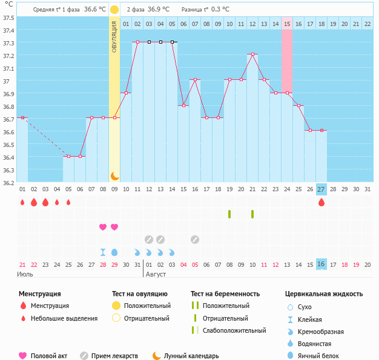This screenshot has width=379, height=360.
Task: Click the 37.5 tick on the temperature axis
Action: tap(8, 18)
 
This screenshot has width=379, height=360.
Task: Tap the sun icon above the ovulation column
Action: tap(114, 10)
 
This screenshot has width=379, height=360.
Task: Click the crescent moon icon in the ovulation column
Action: tap(114, 175)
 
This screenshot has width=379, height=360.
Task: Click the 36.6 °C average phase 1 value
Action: tap(94, 10)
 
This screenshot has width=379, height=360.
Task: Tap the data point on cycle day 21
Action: tap(252, 54)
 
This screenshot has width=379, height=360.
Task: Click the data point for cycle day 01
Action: tap(22, 117)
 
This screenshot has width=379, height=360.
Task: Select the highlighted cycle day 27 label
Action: tap(321, 189)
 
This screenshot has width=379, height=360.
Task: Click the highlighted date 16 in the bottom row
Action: tap(321, 264)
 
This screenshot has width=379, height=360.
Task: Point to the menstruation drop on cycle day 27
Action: tap(321, 202)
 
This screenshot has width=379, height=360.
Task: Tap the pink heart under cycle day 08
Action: tap(103, 227)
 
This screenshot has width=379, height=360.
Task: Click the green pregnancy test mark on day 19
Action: tap(229, 214)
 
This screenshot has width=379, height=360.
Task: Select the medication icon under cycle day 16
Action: tap(195, 239)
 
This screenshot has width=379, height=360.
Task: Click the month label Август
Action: tap(156, 273)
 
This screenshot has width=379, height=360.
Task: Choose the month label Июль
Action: tap(25, 273)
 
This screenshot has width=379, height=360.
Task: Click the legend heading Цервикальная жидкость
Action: tap(324, 293)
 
